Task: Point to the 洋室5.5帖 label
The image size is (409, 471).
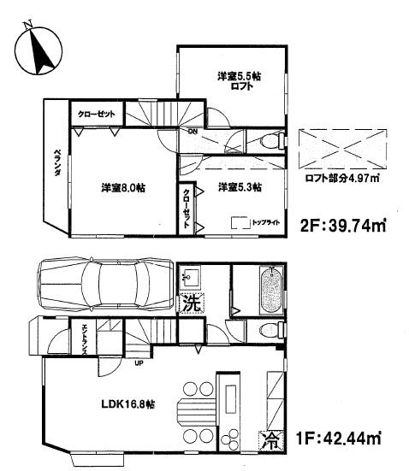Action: coord(239,76)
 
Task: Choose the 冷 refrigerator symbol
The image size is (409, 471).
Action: coord(270,441)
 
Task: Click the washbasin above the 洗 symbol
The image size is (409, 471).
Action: coord(191,278)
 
